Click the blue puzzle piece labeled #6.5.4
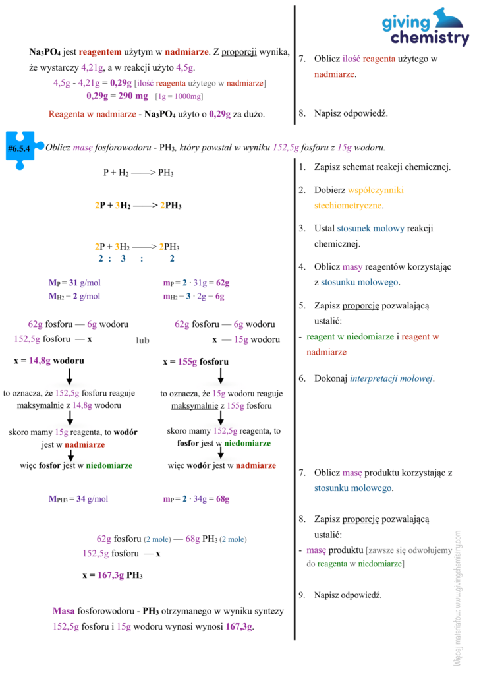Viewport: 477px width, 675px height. point(23,148)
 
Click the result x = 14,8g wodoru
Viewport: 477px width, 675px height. point(49,361)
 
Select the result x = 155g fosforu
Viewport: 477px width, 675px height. point(196,362)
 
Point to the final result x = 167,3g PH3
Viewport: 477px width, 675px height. point(113,575)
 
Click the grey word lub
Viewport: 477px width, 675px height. point(142,341)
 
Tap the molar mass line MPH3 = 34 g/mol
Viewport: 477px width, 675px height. point(78,499)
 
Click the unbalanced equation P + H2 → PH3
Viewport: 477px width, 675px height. point(138,173)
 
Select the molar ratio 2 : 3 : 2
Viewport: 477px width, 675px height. point(136,259)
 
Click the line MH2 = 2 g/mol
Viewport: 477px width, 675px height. point(74,296)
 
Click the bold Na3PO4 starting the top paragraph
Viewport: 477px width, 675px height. point(44,51)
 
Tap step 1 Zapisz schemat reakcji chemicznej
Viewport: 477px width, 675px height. point(382,167)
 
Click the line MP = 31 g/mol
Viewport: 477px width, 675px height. point(74,283)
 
